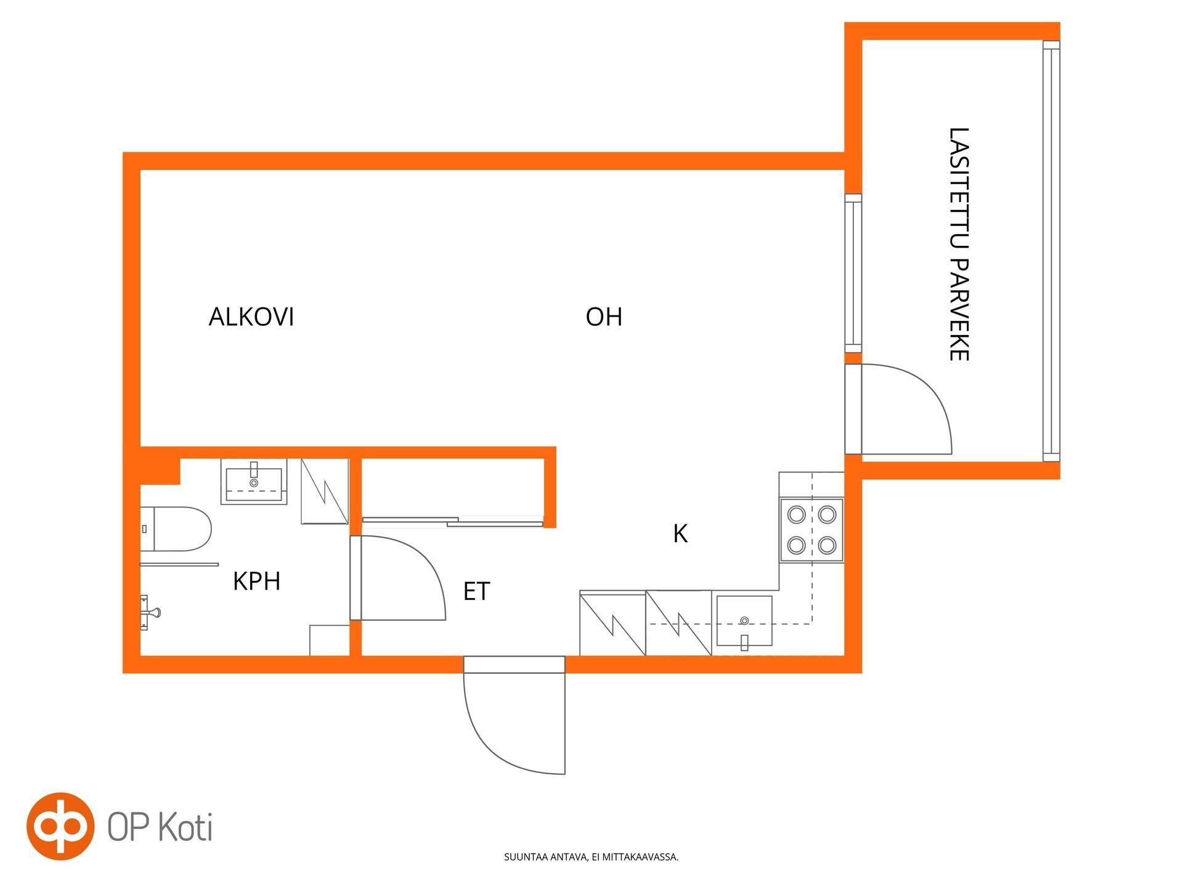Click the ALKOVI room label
251,317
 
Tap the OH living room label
604,317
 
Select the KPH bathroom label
256,581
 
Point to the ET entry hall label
476,591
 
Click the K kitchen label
680,533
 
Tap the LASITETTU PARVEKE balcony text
959,244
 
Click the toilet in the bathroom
176,529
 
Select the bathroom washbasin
254,481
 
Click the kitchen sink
744,621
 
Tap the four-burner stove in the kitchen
811,530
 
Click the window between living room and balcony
853,273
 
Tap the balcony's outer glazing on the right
1051,251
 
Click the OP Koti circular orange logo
60,826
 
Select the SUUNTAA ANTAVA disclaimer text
591,857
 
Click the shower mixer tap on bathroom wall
148,612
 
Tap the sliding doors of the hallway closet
453,522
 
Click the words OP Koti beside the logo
160,827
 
